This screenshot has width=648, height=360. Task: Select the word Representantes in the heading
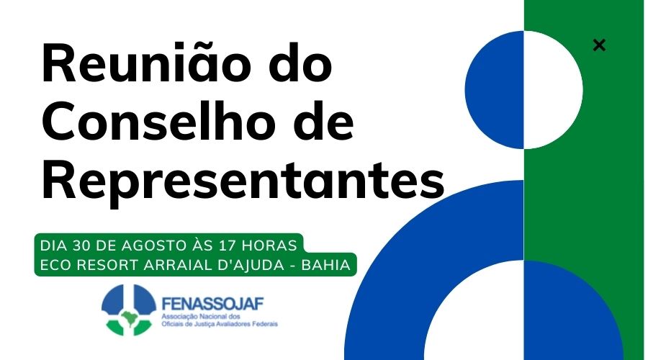tap(243, 182)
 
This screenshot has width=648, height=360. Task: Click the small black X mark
tap(599, 45)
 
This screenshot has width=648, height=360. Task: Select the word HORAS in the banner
tap(269, 246)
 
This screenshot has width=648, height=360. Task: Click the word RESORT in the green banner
tap(107, 265)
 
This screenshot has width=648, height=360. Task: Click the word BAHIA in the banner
tap(325, 265)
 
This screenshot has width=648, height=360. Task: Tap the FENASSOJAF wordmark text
tap(213, 304)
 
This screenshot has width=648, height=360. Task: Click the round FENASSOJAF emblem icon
tap(129, 310)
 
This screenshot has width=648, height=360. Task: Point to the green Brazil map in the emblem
tap(130, 318)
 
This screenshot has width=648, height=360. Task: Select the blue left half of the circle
tap(495, 90)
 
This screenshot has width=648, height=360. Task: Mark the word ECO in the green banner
tap(55, 265)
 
